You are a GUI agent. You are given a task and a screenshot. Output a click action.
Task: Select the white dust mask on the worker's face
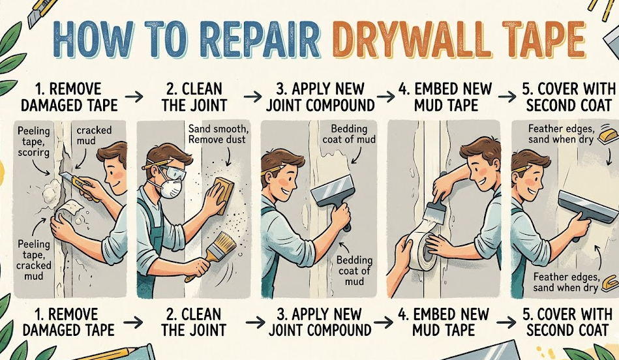170,187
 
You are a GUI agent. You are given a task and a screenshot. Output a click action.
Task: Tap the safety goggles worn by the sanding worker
168,171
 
